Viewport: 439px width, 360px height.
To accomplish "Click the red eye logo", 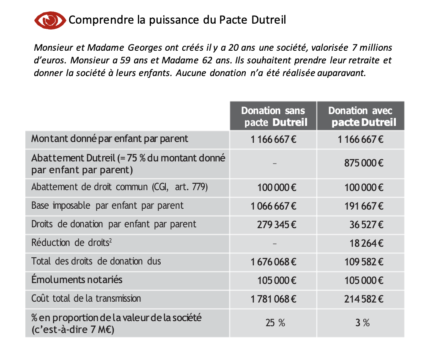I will (49, 20).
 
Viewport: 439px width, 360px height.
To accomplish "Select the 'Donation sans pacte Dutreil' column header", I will (273, 116).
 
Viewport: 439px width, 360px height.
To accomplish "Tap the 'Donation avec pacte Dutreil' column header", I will (360, 116).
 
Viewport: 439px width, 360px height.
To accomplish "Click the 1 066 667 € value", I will (273, 206).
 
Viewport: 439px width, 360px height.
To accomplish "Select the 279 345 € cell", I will (276, 224).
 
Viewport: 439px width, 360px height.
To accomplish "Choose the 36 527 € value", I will (366, 224).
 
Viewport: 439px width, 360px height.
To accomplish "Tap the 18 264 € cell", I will (366, 243).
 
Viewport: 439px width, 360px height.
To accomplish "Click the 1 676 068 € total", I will (273, 262).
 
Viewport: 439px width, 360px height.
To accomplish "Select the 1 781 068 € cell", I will (273, 299).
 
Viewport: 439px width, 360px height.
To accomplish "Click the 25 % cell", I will (275, 323).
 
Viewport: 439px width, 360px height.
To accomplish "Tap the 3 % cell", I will (362, 323).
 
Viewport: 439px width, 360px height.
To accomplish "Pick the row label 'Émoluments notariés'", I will (77, 280).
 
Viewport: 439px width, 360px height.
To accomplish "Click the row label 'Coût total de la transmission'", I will (86, 298).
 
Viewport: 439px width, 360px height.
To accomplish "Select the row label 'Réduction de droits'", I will (74, 243).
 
